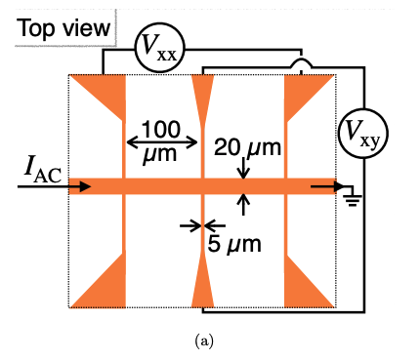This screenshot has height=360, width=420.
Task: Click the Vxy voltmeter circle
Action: [360, 134]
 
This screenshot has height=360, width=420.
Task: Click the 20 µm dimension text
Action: [248, 148]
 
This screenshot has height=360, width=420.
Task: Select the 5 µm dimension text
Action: [234, 243]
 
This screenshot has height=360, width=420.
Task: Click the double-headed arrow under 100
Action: [162, 142]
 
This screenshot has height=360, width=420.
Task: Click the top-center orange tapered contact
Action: [203, 94]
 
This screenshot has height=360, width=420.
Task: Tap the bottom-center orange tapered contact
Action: [203, 285]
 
